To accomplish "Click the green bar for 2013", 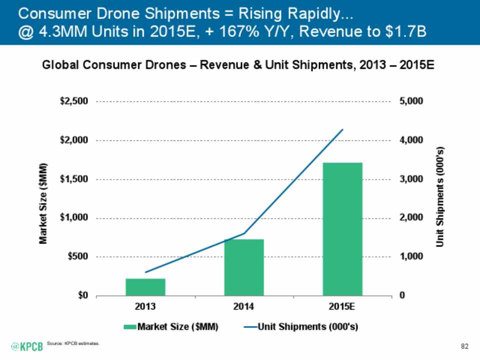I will pyautogui.click(x=145, y=286).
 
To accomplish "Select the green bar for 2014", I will pyautogui.click(x=244, y=267).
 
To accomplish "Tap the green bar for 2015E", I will pyautogui.click(x=342, y=228).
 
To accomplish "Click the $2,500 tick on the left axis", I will pyautogui.click(x=74, y=101).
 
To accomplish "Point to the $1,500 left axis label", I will pyautogui.click(x=74, y=179).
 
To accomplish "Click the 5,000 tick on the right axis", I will pyautogui.click(x=411, y=101).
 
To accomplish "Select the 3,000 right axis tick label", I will pyautogui.click(x=411, y=179).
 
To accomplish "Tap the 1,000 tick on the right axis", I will pyautogui.click(x=411, y=256).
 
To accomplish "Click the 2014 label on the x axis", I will pyautogui.click(x=244, y=306).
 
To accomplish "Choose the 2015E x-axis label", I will pyautogui.click(x=342, y=306).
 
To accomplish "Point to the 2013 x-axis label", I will pyautogui.click(x=145, y=306).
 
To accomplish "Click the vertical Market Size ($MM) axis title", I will pyautogui.click(x=44, y=203).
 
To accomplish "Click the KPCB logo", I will pyautogui.click(x=27, y=346).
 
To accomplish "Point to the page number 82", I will pyautogui.click(x=464, y=346).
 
